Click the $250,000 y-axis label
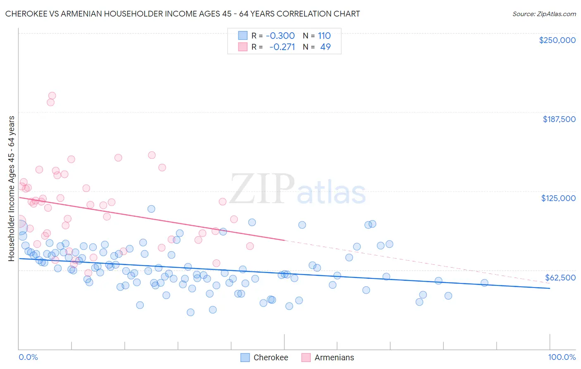[x=557, y=40]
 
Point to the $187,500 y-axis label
[x=559, y=119]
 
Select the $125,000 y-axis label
[x=558, y=198]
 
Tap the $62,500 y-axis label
[x=560, y=278]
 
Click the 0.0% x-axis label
[x=28, y=357]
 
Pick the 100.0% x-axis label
[x=562, y=357]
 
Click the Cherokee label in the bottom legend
[x=271, y=357]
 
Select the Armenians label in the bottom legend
[x=334, y=357]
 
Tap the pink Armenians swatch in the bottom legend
[x=306, y=357]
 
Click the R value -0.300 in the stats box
[x=280, y=36]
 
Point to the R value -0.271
[x=282, y=47]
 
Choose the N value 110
[x=324, y=36]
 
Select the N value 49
[x=325, y=47]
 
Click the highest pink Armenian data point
[x=52, y=96]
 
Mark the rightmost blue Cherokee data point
[x=484, y=283]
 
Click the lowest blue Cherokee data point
[x=190, y=312]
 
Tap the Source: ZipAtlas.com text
[x=544, y=14]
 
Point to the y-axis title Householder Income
[x=11, y=188]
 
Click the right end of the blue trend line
[x=550, y=288]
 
